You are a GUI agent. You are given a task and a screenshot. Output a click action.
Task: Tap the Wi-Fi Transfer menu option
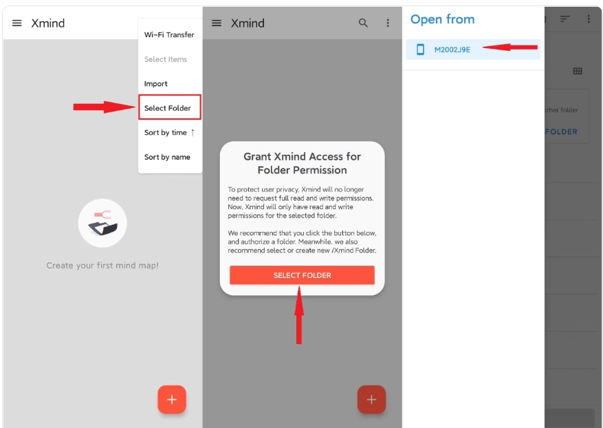[x=169, y=34]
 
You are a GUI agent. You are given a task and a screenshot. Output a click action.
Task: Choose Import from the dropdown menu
[x=156, y=83]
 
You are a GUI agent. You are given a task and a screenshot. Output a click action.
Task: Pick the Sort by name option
[x=167, y=157]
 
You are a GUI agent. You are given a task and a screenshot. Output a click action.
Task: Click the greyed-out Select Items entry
[x=166, y=59]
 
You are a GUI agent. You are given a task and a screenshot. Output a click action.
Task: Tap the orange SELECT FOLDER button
[x=302, y=275]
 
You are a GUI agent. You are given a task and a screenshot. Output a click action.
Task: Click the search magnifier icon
[x=363, y=23]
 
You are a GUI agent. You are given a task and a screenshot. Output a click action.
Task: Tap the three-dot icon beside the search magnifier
[x=388, y=23]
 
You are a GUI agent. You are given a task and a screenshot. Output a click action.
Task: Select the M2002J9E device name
[x=452, y=50]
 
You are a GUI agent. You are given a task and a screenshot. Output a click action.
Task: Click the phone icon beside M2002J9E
[x=420, y=50]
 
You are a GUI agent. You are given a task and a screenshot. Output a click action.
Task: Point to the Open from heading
[x=442, y=19]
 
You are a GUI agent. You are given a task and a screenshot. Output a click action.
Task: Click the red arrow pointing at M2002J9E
[x=510, y=47]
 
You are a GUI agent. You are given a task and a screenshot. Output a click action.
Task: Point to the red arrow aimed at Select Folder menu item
[x=105, y=107]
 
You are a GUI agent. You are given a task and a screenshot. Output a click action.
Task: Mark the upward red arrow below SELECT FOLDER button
[x=299, y=315]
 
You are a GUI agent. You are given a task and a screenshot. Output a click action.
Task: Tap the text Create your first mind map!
[x=102, y=266]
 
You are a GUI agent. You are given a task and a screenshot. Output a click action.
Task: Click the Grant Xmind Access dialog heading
[x=302, y=163]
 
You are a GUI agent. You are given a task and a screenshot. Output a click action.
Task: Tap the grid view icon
[x=578, y=71]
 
